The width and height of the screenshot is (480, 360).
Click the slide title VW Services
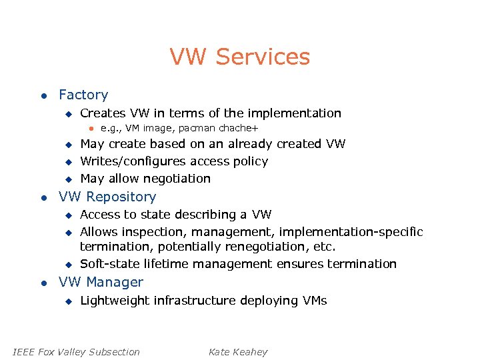[x=240, y=57]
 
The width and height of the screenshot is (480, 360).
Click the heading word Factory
[x=83, y=95]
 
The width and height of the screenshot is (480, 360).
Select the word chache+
[x=237, y=128]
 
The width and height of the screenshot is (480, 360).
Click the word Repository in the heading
[x=121, y=197]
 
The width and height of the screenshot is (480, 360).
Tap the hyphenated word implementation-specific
[x=351, y=232]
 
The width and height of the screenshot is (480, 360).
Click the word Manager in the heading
[x=115, y=282]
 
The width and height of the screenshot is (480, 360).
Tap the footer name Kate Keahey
[x=238, y=352]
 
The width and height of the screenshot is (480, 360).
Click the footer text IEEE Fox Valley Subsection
[x=77, y=352]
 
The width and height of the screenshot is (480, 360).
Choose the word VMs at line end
[x=313, y=301]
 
